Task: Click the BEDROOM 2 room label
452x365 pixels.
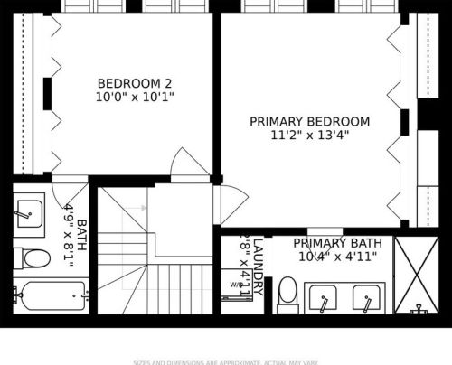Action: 135,83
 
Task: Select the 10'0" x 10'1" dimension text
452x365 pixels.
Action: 135,97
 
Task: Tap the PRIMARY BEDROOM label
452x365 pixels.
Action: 309,122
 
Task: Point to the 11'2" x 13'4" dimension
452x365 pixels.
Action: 309,136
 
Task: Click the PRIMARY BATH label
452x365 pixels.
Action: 337,244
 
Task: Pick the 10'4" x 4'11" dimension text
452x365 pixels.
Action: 337,257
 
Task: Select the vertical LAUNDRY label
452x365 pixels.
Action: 258,267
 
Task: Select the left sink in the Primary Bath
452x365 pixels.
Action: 323,295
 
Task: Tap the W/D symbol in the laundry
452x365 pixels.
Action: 236,285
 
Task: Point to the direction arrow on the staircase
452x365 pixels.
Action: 134,209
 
